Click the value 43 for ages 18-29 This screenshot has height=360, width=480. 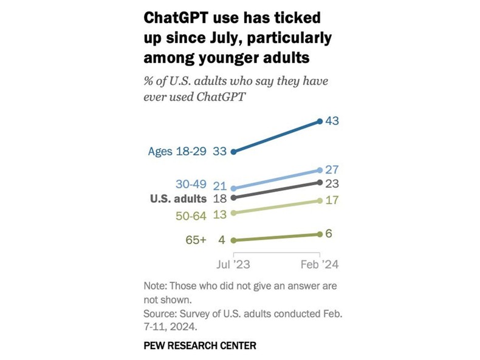332,121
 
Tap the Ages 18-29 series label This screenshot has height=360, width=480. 177,151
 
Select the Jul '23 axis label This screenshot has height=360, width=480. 234,265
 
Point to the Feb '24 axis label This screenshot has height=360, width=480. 320,265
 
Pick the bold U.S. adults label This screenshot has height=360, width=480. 179,199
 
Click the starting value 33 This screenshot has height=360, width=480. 220,151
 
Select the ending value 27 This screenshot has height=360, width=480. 332,171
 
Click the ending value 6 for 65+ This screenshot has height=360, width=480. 329,233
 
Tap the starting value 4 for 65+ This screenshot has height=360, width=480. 222,240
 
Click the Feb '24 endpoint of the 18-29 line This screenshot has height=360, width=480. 320,121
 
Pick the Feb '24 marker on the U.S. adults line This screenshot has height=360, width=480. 320,182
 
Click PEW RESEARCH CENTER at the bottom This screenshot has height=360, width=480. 200,345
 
